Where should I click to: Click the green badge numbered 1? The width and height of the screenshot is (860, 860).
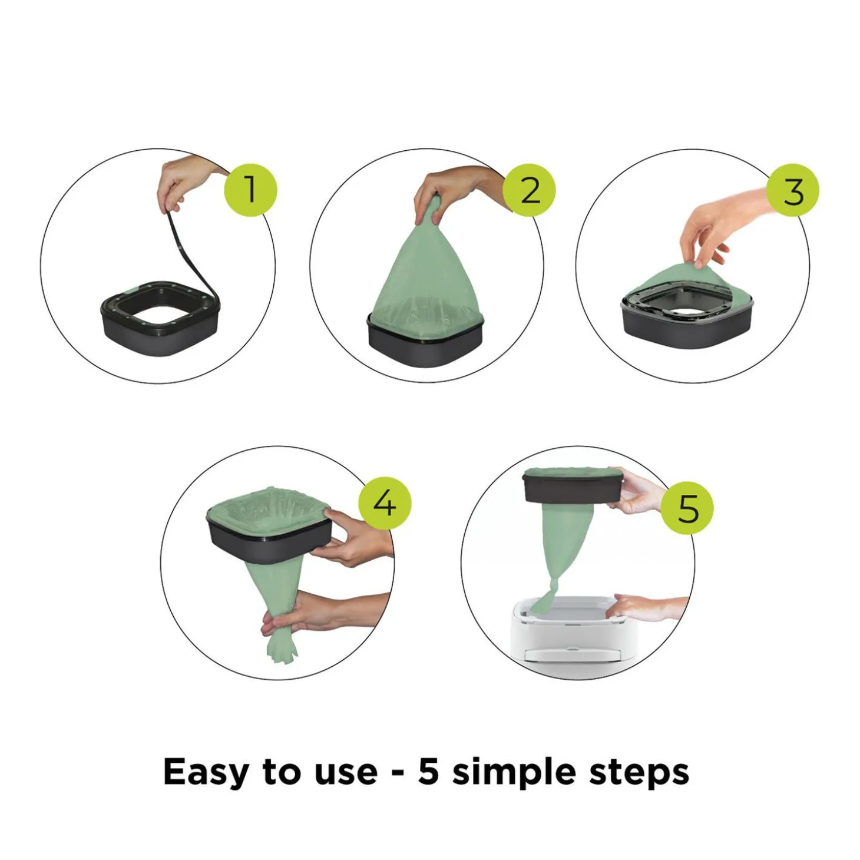[250, 190]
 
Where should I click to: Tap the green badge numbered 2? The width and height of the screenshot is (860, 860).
[529, 190]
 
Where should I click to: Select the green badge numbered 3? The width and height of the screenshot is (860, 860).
[793, 190]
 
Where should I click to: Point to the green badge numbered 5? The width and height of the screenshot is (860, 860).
[687, 508]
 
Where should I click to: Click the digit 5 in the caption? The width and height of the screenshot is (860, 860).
[428, 771]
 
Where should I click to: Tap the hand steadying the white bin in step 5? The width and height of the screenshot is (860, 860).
[648, 607]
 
